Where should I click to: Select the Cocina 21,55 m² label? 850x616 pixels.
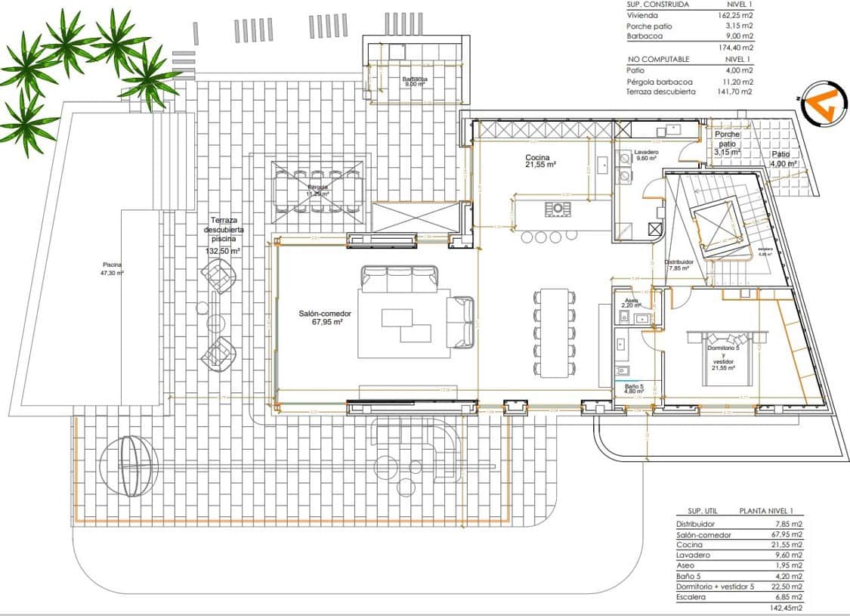[541, 160]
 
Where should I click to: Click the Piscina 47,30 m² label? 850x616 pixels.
[113, 268]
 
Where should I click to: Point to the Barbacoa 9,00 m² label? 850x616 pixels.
[415, 82]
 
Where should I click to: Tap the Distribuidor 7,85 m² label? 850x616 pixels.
[678, 265]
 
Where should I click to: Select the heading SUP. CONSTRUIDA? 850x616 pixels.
[657, 4]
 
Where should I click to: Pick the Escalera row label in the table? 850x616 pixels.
[692, 597]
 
